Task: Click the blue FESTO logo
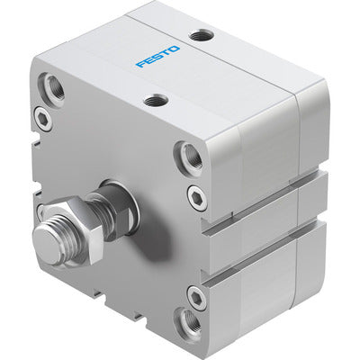click(x=157, y=57)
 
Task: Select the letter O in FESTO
click(x=174, y=49)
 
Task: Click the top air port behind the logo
click(x=202, y=36)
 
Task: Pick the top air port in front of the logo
click(x=156, y=101)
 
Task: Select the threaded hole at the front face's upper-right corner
click(x=190, y=155)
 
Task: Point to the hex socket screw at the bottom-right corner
click(x=196, y=294)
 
